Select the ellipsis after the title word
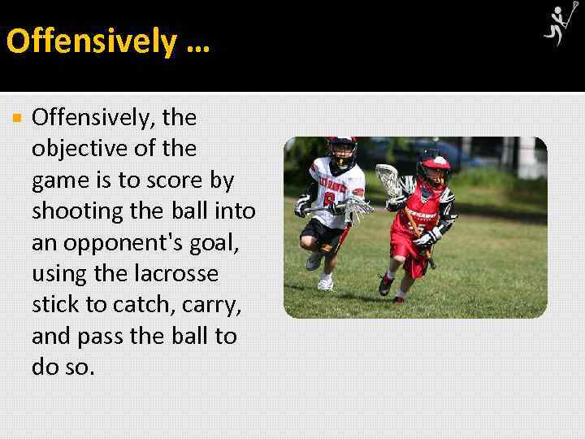click(x=197, y=42)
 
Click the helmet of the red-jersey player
click(x=432, y=166)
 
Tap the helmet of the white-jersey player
click(x=341, y=151)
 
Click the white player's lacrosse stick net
click(x=358, y=208)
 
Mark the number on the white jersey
click(x=330, y=199)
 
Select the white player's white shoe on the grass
click(x=325, y=282)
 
